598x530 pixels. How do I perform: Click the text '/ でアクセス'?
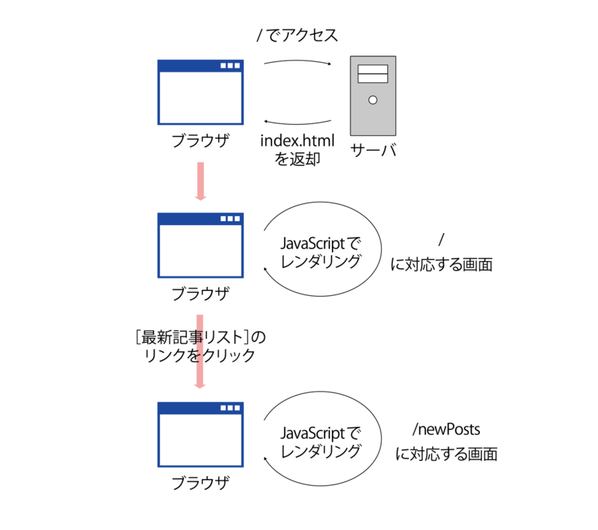click(x=297, y=35)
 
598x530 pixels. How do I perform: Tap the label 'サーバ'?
click(x=373, y=149)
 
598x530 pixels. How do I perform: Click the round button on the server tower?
click(x=373, y=100)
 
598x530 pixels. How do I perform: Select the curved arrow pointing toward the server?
click(x=297, y=62)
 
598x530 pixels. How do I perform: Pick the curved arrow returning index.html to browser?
click(x=297, y=122)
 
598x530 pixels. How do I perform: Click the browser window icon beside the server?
click(x=200, y=92)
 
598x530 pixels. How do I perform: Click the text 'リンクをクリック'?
click(x=199, y=356)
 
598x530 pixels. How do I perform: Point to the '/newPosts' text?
click(x=446, y=430)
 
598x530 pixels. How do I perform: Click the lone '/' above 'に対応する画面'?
click(x=442, y=240)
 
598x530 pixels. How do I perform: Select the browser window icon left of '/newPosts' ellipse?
click(x=200, y=434)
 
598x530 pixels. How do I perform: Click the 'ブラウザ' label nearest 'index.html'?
click(x=200, y=141)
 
